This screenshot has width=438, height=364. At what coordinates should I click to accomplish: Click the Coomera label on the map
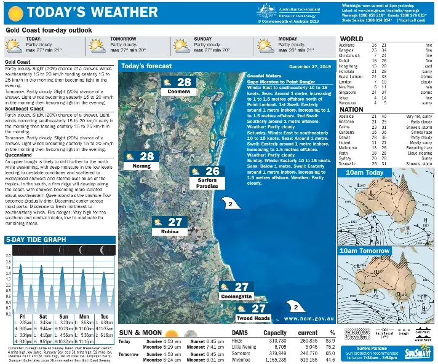pyautogui.click(x=178, y=91)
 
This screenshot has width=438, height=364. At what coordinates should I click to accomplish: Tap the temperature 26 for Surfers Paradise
pyautogui.click(x=212, y=171)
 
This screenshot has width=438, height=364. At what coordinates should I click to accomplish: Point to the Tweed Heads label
pyautogui.click(x=253, y=318)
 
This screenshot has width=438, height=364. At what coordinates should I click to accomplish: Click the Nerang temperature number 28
pyautogui.click(x=146, y=157)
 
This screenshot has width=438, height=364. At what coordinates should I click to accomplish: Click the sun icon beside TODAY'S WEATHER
pyautogui.click(x=15, y=12)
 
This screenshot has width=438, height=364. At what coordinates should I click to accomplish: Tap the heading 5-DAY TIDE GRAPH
pyautogui.click(x=36, y=239)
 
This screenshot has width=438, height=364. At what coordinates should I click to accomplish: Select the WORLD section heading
pyautogui.click(x=352, y=39)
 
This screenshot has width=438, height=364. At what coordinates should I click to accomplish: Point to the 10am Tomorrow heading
pyautogui.click(x=366, y=250)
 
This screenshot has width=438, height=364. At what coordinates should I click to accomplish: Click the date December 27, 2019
pyautogui.click(x=311, y=66)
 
